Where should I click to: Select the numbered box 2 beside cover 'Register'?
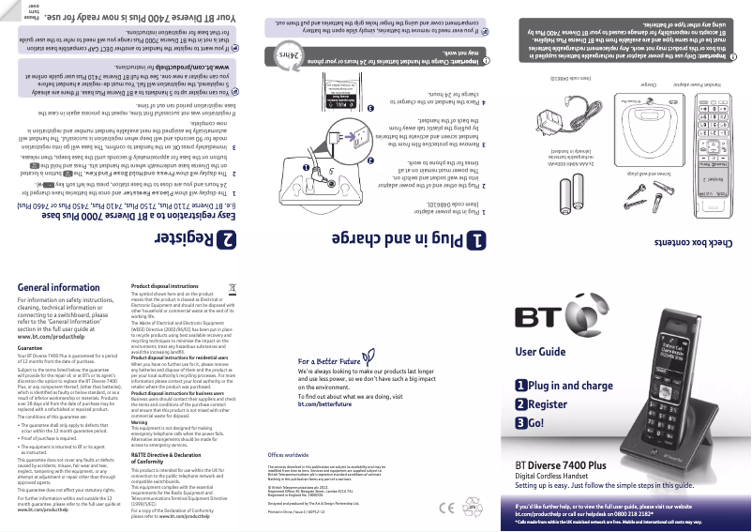tap(520, 404)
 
